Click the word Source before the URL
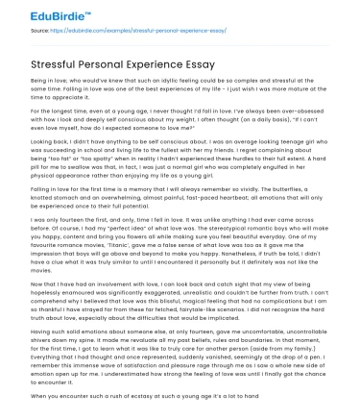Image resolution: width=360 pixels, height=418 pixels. (42, 32)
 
